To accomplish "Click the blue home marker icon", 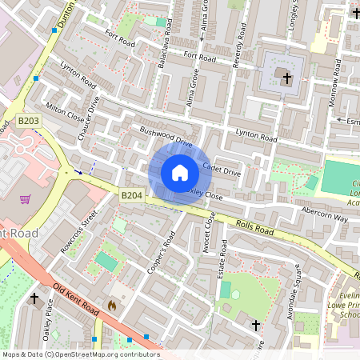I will tap(180, 173).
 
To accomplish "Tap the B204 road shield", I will tap(131, 195).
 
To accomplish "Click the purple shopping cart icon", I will tap(26, 199).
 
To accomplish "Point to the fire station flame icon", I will tap(112, 305).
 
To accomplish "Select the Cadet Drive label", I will tap(221, 170).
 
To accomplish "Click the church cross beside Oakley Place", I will tap(34, 298).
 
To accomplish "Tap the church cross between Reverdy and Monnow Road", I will tap(286, 77).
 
